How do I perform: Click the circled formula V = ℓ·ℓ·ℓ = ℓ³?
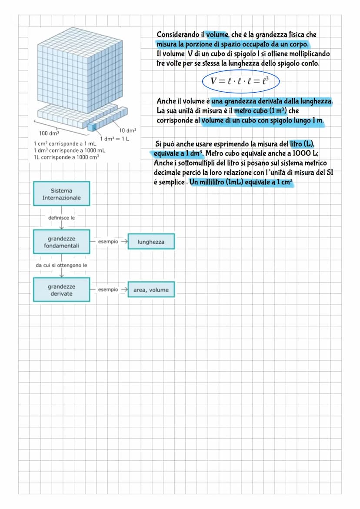click(240, 81)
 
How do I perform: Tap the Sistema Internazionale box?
click(61, 194)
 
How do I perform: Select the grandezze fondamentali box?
click(61, 242)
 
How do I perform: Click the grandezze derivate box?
click(61, 290)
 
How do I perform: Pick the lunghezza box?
click(151, 242)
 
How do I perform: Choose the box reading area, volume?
click(151, 290)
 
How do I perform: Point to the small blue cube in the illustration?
click(92, 126)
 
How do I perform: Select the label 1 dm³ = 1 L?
click(115, 139)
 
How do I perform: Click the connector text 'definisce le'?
click(61, 218)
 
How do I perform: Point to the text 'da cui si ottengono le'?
click(61, 265)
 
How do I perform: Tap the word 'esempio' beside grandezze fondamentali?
click(108, 242)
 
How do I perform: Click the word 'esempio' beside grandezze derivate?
click(108, 289)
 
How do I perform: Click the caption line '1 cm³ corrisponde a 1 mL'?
click(65, 143)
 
